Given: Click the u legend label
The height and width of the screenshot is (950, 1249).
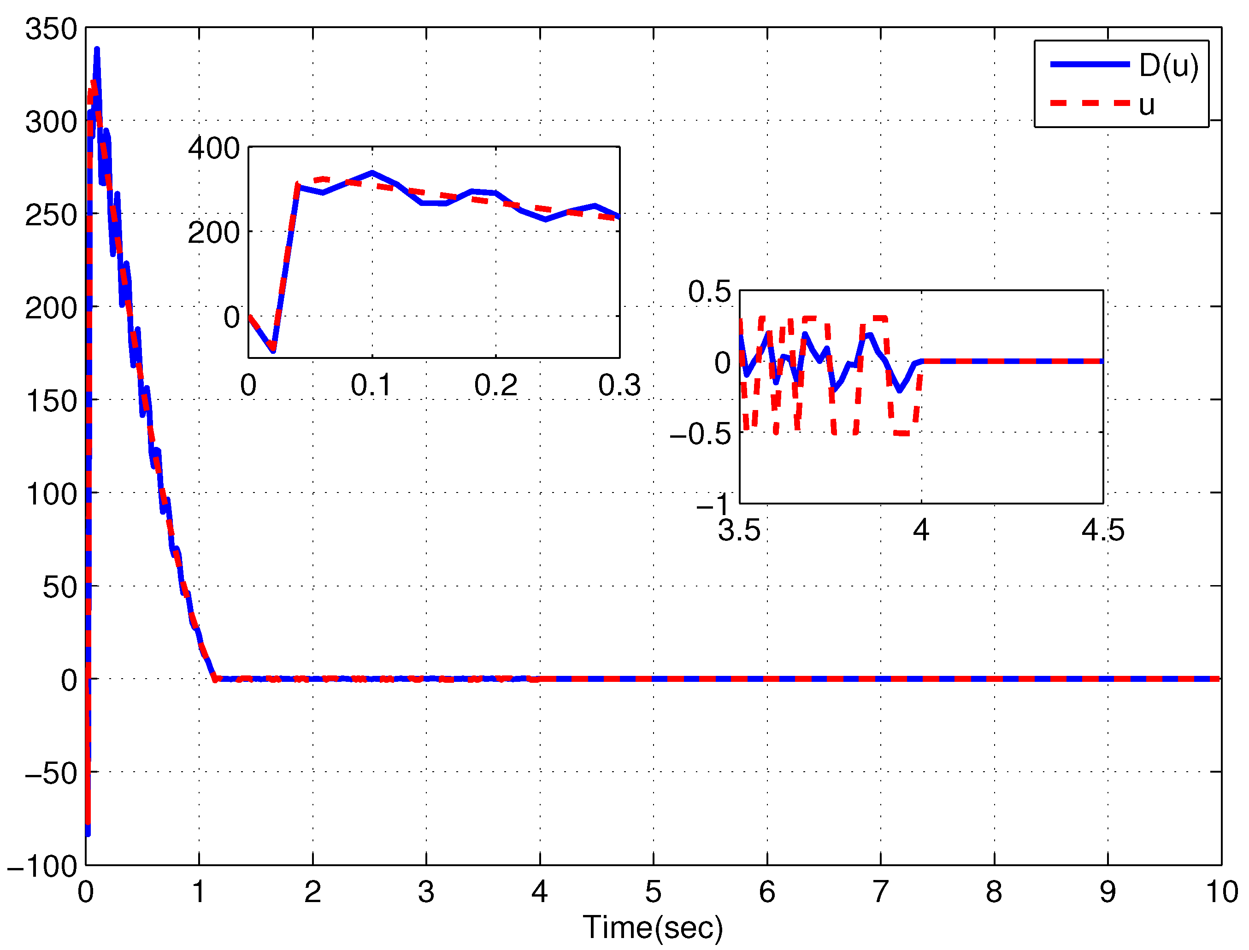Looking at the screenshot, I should [1146, 105].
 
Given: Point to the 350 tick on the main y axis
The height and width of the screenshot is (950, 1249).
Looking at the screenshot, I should [51, 29].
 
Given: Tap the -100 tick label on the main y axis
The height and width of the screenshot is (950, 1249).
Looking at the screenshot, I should [42, 866].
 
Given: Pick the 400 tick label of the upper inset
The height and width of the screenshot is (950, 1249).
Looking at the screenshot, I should [214, 148].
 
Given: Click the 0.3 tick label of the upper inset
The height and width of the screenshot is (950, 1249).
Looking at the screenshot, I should [619, 386].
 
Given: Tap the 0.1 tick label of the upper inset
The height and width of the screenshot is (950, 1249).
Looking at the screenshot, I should [371, 386].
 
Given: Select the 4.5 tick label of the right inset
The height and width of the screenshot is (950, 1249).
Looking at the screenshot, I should [1103, 530].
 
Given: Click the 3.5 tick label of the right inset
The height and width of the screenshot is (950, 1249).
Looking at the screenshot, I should [739, 530].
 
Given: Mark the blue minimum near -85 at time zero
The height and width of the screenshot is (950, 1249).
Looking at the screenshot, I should [88, 833].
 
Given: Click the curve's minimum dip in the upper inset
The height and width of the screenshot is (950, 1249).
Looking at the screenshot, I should [273, 350].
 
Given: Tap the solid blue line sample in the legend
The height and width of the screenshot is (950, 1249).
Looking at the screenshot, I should [1090, 65].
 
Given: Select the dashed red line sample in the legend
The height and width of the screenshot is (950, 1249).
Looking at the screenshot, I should [1090, 104].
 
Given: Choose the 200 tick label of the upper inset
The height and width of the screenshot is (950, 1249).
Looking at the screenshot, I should [214, 232].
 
